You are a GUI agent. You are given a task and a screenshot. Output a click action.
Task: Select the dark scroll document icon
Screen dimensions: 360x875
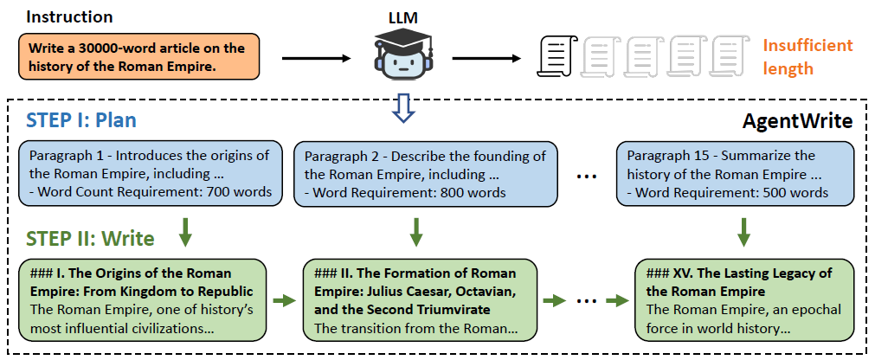pos(555,57)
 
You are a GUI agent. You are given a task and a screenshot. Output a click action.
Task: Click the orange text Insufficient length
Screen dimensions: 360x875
pos(807,57)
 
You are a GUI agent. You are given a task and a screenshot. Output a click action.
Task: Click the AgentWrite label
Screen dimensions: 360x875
pos(797,121)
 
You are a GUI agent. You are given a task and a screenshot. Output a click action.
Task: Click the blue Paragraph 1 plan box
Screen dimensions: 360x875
pos(148,173)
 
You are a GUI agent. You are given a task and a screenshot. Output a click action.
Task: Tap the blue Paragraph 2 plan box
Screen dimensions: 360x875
pos(421,173)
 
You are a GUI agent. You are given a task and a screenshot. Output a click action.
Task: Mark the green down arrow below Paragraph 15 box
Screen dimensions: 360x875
pos(742,231)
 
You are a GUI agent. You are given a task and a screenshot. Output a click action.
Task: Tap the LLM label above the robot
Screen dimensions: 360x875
pos(402,16)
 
